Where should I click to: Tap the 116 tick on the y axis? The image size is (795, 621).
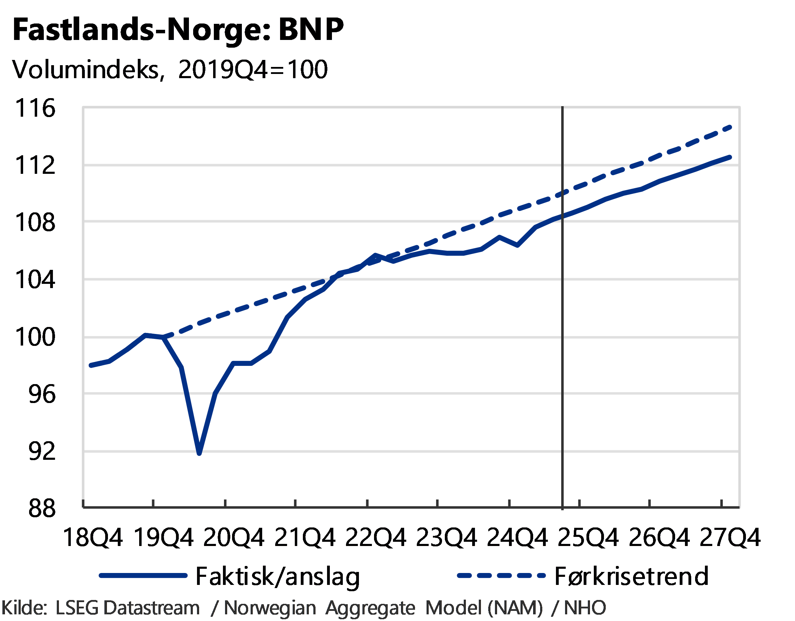pyautogui.click(x=36, y=108)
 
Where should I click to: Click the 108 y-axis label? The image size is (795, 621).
pyautogui.click(x=36, y=222)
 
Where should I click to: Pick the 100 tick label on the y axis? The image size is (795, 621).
pyautogui.click(x=36, y=337)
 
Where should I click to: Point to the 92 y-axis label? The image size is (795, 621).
pyautogui.click(x=42, y=451)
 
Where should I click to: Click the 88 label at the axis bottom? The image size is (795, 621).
pyautogui.click(x=42, y=508)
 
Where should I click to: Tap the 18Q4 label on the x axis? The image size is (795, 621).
pyautogui.click(x=94, y=537)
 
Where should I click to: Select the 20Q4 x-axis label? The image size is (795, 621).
pyautogui.click(x=234, y=537)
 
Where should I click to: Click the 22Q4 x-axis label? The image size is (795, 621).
pyautogui.click(x=375, y=537)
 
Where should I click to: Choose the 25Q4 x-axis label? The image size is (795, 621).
pyautogui.click(x=587, y=537)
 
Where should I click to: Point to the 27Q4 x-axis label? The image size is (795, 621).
pyautogui.click(x=729, y=537)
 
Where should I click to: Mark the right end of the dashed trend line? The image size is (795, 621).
pyautogui.click(x=730, y=127)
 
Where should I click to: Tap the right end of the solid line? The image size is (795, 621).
pyautogui.click(x=730, y=157)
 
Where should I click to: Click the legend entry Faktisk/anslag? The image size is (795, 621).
pyautogui.click(x=278, y=576)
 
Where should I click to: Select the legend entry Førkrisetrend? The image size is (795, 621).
pyautogui.click(x=632, y=576)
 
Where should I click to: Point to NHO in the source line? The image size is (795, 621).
pyautogui.click(x=585, y=608)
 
